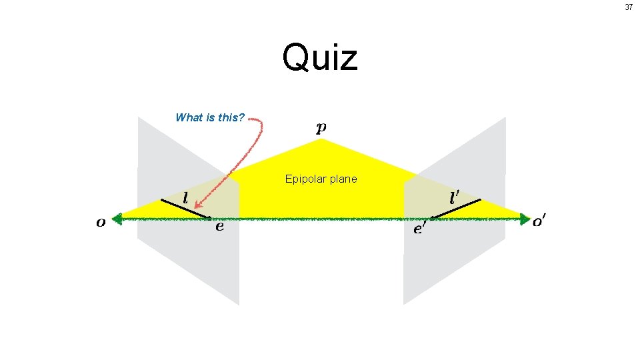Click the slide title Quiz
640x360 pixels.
[x=320, y=57]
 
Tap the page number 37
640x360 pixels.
[x=629, y=7]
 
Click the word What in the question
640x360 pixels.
[x=188, y=118]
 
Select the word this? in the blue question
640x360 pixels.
[x=231, y=118]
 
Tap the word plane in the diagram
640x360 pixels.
[x=343, y=179]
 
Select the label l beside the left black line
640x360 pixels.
[x=185, y=198]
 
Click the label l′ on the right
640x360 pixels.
[x=455, y=197]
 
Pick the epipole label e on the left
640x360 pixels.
[x=219, y=227]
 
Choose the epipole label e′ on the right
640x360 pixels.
[x=420, y=229]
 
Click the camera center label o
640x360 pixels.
[x=101, y=223]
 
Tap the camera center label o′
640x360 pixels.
[x=540, y=221]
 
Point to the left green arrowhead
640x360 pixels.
[x=118, y=218]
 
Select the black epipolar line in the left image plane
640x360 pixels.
[x=185, y=208]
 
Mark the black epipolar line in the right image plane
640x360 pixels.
[x=455, y=209]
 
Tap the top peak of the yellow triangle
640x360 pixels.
[x=321, y=139]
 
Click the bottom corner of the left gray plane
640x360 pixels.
[x=238, y=304]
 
